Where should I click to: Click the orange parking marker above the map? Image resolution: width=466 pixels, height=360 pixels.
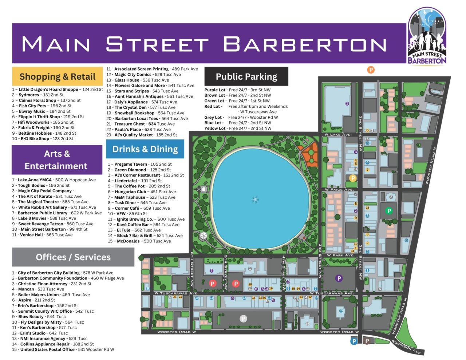371,70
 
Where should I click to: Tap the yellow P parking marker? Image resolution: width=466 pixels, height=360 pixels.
352,178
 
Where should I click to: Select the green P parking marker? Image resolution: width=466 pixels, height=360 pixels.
389,211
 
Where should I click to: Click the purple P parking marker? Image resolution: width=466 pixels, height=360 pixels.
339,278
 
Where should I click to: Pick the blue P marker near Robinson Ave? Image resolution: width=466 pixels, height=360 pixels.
354,341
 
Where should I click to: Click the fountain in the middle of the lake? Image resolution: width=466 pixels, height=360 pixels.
255,199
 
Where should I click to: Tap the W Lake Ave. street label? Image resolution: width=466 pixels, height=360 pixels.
338,135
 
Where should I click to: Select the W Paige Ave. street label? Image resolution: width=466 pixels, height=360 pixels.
339,190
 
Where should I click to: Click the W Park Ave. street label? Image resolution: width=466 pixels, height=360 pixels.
340,255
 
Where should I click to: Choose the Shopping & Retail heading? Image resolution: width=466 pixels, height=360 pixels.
58,77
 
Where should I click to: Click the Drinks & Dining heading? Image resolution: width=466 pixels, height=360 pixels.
145,149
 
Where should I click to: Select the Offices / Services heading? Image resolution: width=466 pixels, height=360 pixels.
73,257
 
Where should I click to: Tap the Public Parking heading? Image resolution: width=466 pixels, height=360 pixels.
246,76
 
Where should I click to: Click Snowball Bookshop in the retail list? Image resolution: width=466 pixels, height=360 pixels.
134,113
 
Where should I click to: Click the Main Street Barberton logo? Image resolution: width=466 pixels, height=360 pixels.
427,36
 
